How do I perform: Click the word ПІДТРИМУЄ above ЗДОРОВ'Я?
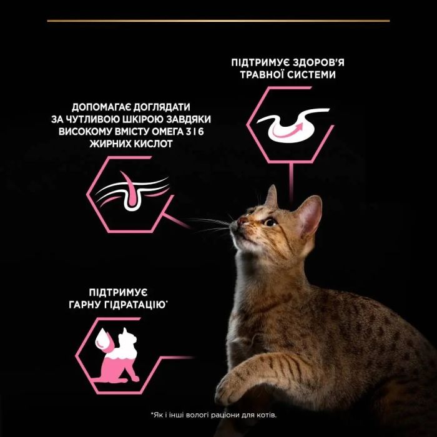(251, 62)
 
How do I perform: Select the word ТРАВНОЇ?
(263, 75)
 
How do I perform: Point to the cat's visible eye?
(270, 222)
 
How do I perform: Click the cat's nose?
(240, 220)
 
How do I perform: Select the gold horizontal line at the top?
(218, 21)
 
